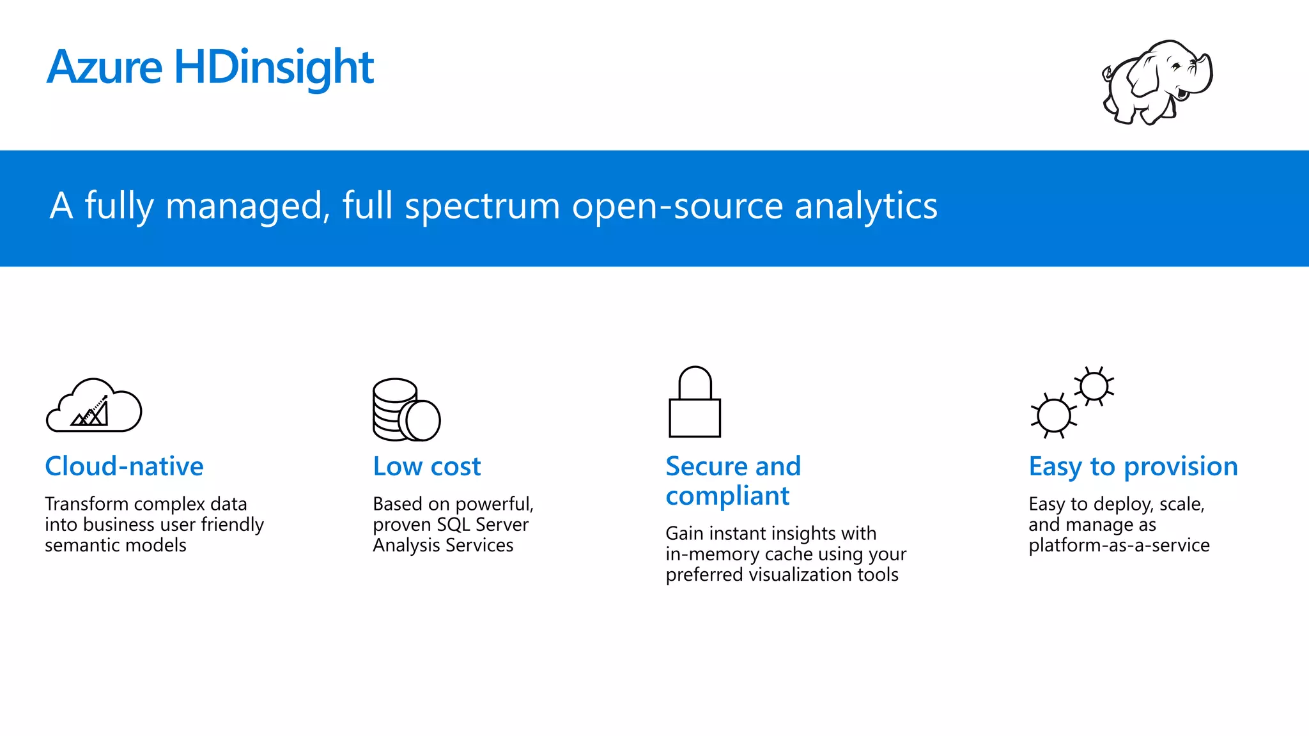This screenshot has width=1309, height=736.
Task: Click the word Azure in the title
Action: (105, 67)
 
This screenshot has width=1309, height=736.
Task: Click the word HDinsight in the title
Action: (274, 67)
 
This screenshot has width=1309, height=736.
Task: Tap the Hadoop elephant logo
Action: (1157, 82)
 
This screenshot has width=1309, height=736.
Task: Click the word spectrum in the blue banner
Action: (483, 206)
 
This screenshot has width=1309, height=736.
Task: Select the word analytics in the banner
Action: (865, 206)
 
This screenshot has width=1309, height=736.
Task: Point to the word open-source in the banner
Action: (678, 206)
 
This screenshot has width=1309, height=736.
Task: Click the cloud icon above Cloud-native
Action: (94, 406)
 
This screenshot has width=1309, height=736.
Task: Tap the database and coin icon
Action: (407, 410)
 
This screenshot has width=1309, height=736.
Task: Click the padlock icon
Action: (695, 402)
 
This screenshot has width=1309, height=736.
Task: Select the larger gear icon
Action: (1053, 416)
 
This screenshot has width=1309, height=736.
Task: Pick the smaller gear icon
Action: (1094, 386)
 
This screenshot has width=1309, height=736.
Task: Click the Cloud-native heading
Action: (124, 466)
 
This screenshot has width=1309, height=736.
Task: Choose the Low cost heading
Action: (426, 466)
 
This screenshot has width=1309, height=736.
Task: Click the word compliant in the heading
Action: (727, 496)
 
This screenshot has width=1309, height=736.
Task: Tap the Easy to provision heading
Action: (1133, 466)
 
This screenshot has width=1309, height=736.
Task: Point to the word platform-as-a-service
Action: (1119, 545)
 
